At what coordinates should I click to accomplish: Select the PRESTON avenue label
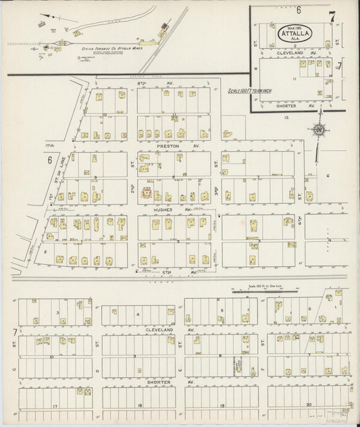tap(166, 145)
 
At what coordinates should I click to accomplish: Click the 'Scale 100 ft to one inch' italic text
tap(249, 90)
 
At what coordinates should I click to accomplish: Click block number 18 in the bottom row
tap(138, 405)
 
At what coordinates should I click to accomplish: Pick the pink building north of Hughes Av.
tap(145, 193)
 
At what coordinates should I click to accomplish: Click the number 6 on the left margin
tap(49, 160)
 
